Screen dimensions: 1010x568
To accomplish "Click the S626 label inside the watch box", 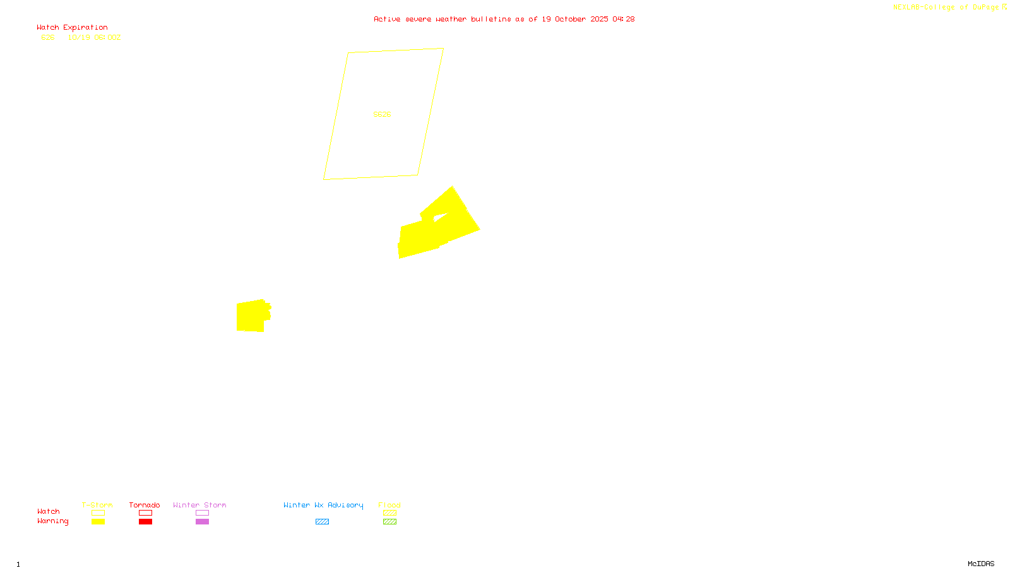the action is tap(382, 114).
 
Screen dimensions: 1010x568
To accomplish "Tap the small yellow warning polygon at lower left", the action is tap(251, 316).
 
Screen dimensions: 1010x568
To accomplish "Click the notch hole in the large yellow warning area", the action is tap(441, 218).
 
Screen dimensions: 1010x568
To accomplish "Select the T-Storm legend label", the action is tap(97, 505).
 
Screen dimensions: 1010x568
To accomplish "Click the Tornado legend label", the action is tap(145, 505).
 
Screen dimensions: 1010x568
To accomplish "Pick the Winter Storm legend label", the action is tap(199, 505).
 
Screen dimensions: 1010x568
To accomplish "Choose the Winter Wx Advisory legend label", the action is tap(323, 505).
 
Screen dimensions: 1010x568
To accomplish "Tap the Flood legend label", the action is tap(389, 505).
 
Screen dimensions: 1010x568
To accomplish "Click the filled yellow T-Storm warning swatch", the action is tap(98, 522).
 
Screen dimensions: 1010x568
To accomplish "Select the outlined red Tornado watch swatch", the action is tap(145, 513).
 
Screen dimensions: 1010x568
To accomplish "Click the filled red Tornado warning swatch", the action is tap(145, 522).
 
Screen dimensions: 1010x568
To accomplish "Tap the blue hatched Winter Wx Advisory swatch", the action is tap(322, 522).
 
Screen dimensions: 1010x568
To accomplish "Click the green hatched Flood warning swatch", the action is tap(389, 522).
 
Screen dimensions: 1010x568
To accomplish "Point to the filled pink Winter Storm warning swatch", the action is tap(202, 522).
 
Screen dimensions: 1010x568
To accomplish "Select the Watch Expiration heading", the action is tap(72, 28).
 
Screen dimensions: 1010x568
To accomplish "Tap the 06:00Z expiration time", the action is tap(107, 38).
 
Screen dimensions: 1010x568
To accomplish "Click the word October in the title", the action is tap(570, 19).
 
